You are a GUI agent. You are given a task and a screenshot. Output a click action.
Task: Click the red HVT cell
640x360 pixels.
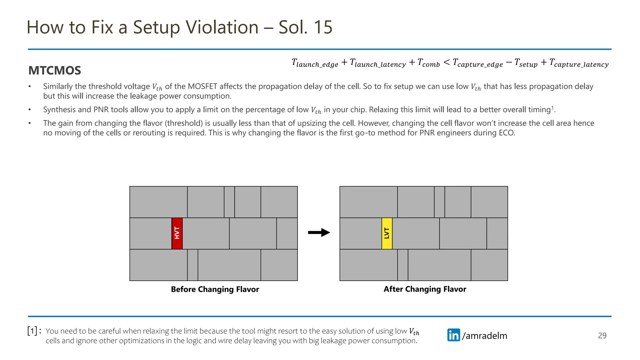(177, 233)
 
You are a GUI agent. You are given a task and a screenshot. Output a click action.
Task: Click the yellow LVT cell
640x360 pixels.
(387, 233)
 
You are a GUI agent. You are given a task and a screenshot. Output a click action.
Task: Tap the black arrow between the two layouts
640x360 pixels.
(319, 232)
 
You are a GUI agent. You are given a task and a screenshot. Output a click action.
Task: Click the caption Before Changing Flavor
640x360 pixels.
(215, 289)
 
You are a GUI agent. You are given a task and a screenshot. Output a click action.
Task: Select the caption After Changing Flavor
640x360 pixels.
(425, 289)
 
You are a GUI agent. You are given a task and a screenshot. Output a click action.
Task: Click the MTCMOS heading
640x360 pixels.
(55, 71)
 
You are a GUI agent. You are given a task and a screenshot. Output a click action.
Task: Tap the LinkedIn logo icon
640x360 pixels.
(453, 335)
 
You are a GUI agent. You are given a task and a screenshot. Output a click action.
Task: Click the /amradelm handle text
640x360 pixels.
(484, 336)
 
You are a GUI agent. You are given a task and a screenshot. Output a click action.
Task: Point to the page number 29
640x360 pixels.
(602, 336)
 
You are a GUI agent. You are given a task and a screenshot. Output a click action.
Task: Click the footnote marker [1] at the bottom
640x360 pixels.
(32, 331)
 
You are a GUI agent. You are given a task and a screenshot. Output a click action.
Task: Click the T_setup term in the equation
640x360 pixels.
(526, 63)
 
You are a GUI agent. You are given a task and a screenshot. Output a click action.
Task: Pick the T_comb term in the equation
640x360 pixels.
(428, 63)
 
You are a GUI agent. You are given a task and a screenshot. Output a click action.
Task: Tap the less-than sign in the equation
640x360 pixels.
(447, 62)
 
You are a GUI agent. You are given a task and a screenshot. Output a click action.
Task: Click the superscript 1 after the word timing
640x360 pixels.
(552, 108)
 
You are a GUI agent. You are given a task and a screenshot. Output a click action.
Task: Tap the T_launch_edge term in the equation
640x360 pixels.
(315, 63)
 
